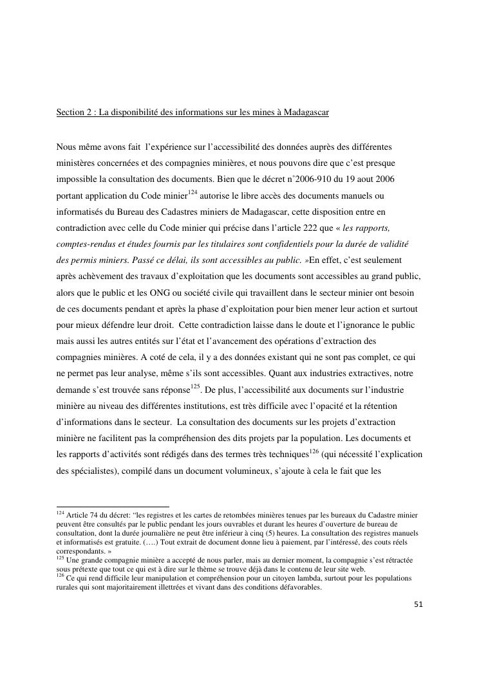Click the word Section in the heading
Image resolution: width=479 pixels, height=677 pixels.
pyautogui.click(x=70, y=113)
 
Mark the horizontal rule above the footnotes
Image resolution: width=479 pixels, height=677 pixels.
pyautogui.click(x=113, y=507)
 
